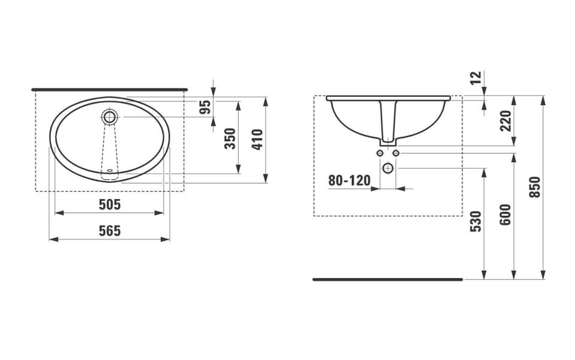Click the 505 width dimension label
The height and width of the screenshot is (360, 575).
109,205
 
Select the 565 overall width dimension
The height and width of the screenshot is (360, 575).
109,231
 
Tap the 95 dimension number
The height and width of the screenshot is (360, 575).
206,106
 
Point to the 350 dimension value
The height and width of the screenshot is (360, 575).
230,138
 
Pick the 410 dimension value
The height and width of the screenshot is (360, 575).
257,139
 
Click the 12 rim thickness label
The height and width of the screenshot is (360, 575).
476,77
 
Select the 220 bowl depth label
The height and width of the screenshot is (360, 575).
506,120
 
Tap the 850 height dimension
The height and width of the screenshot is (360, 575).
535,187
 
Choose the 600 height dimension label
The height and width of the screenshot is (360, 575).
506,215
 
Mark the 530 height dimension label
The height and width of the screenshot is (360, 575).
476,221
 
